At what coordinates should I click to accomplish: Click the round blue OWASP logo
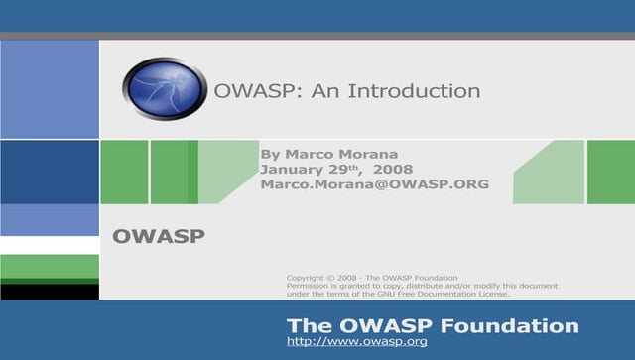click(x=164, y=88)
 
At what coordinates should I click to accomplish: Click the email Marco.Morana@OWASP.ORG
click(x=374, y=184)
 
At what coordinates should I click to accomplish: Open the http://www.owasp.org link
click(x=356, y=342)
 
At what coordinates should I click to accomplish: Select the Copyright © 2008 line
click(x=371, y=277)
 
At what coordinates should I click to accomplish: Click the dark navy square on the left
click(x=49, y=172)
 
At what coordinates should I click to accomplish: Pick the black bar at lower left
click(x=49, y=292)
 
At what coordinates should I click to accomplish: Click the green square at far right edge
click(x=610, y=172)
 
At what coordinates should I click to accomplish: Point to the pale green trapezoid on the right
click(x=552, y=172)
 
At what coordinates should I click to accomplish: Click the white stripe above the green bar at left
click(x=49, y=245)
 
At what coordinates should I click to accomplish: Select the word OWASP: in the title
click(x=245, y=91)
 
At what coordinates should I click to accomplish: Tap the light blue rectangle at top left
click(x=49, y=88)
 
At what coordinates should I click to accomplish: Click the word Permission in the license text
click(x=311, y=286)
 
